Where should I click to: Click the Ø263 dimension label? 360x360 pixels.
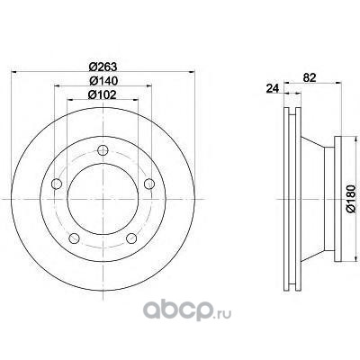103,67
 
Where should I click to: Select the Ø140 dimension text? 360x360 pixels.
103,80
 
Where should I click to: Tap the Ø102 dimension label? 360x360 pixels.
102,94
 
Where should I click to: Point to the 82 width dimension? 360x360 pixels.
310,77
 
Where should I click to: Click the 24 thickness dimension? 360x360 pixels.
273,88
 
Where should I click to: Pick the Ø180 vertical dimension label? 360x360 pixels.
351,199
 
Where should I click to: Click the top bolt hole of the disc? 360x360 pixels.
103,150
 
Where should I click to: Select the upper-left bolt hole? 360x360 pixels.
57,184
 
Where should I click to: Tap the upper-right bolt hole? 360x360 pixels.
149,184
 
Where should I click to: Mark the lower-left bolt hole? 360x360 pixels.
74,238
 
